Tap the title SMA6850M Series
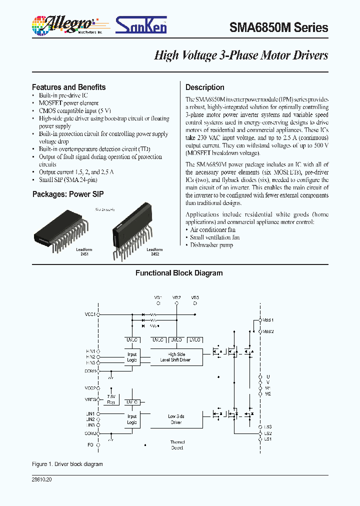pos(278,27)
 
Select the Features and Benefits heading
pos(68,87)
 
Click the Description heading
pos(204,87)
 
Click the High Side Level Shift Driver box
pos(175,357)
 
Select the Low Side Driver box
pos(175,419)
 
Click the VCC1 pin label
pos(90,314)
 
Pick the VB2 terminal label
pos(176,297)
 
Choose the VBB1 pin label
pos(268,319)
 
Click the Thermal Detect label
pos(177,445)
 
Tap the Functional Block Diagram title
pos(179,273)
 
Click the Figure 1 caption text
pos(67,464)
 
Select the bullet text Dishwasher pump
pos(211,245)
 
